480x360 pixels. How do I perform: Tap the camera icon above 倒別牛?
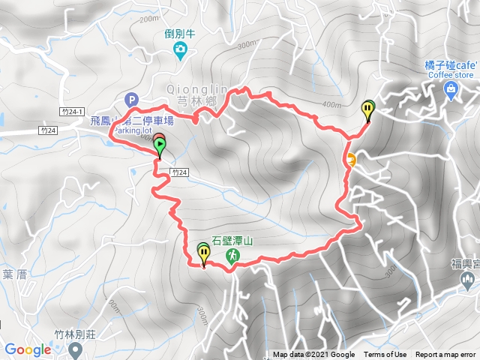point(180,50)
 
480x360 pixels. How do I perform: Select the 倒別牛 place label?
point(180,34)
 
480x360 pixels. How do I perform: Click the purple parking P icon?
point(132,99)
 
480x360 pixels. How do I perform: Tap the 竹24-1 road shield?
point(72,110)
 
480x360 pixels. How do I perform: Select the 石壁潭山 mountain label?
point(236,241)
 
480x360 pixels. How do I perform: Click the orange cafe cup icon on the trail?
point(350,158)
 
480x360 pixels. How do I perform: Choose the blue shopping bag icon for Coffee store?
point(450,91)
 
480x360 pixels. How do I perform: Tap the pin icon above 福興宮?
point(468,281)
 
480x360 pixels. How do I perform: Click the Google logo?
point(28,349)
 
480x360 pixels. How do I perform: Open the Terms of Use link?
point(385,355)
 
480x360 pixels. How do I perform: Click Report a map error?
point(446,355)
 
